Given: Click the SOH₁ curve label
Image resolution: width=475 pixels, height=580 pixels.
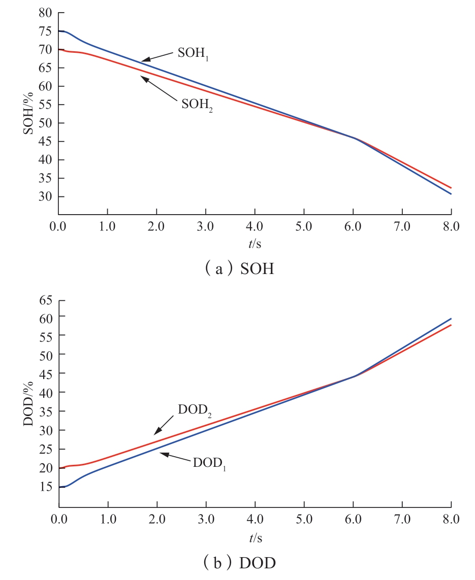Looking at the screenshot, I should pos(194,54).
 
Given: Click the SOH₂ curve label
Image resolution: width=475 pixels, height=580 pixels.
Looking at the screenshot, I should pos(197,105).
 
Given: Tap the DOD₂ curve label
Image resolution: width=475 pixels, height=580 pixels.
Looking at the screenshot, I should pos(195,410).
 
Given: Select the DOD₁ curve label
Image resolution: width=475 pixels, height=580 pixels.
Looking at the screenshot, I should pos(209,463).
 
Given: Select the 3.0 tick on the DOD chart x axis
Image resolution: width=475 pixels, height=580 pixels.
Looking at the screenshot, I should pos(206,520).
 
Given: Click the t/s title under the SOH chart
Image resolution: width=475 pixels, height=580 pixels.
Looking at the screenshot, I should pos(255,244).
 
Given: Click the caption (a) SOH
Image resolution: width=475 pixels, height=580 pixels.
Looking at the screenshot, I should pos(237,269).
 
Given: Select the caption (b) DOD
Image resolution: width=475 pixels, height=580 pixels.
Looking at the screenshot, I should pos(237,563).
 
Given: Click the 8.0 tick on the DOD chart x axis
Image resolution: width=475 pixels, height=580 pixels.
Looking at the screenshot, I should pos(451,520).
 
